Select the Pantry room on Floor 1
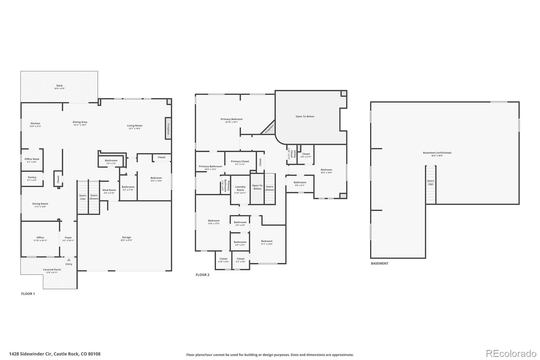coord(32,178)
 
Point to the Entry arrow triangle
coord(69,260)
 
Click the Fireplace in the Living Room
coord(168,127)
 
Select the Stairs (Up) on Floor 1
coord(83,197)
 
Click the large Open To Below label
coord(305,117)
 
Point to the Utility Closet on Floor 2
coord(292,155)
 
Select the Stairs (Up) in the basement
coord(430,183)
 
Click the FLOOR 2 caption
coord(202,275)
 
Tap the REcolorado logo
coord(511,353)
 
